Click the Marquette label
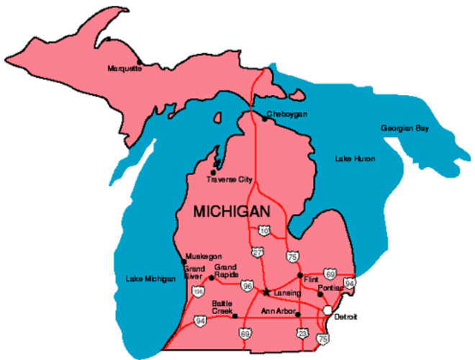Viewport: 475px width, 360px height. click(125, 68)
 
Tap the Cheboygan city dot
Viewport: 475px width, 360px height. click(264, 120)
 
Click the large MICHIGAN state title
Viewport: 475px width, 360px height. click(232, 212)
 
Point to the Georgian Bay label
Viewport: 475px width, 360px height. click(404, 128)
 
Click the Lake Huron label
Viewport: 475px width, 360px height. click(355, 158)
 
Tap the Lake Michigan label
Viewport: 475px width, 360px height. click(150, 279)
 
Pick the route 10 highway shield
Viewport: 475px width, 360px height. click(264, 230)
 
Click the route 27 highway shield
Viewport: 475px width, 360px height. click(257, 252)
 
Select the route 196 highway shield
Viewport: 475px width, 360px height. click(198, 292)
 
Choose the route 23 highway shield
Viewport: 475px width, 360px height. click(302, 333)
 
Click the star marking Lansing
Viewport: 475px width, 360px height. click(266, 292)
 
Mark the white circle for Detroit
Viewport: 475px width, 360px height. click(327, 310)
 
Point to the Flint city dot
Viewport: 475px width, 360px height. click(300, 275)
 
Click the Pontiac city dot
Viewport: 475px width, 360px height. click(320, 294)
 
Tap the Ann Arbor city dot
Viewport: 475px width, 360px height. click(298, 314)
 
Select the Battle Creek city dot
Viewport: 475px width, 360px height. click(235, 315)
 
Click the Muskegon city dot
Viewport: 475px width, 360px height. click(183, 261)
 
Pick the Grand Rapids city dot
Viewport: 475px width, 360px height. click(211, 277)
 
